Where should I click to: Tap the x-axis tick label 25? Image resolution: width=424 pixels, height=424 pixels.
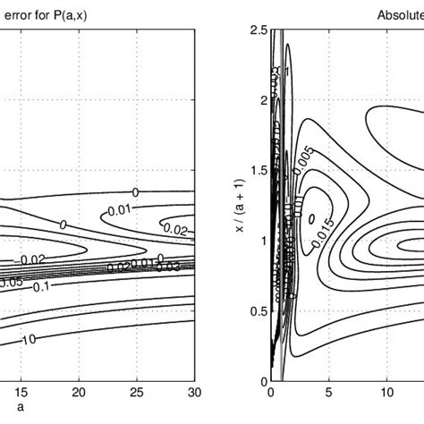tap(137, 394)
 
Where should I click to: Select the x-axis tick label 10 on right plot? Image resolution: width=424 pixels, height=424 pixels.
tap(386, 394)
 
